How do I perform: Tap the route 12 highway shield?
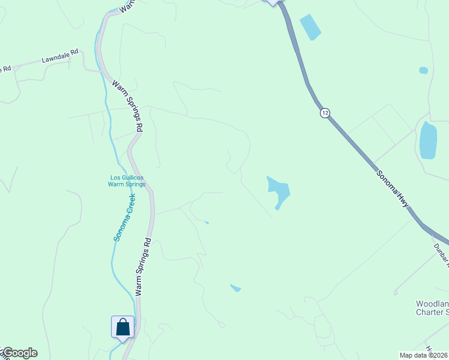(x=325, y=113)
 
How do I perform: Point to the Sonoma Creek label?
(x=124, y=217)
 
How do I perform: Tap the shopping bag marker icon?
(x=123, y=327)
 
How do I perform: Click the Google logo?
(x=19, y=353)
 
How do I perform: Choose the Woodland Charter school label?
(x=432, y=308)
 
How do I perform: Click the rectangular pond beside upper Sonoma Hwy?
(x=310, y=27)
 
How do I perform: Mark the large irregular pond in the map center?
(x=279, y=190)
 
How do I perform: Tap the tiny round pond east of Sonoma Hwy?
(x=424, y=70)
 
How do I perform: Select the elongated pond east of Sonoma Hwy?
(x=428, y=140)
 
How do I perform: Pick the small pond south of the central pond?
(x=235, y=288)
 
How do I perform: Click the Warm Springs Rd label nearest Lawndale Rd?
(x=128, y=106)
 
